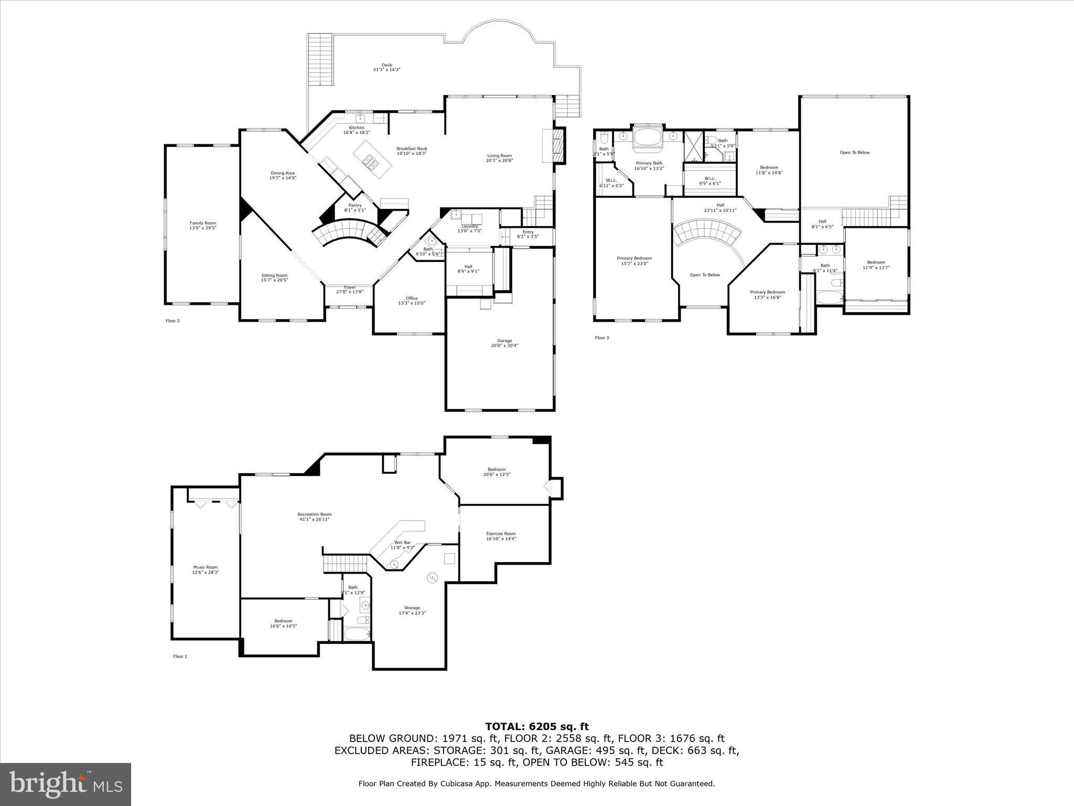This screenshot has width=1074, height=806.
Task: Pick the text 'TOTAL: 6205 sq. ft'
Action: point(537,727)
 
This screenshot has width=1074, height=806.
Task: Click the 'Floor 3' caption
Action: point(602,338)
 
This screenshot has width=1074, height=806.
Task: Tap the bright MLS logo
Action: point(66,784)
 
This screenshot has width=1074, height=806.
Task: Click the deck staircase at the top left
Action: point(320,59)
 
